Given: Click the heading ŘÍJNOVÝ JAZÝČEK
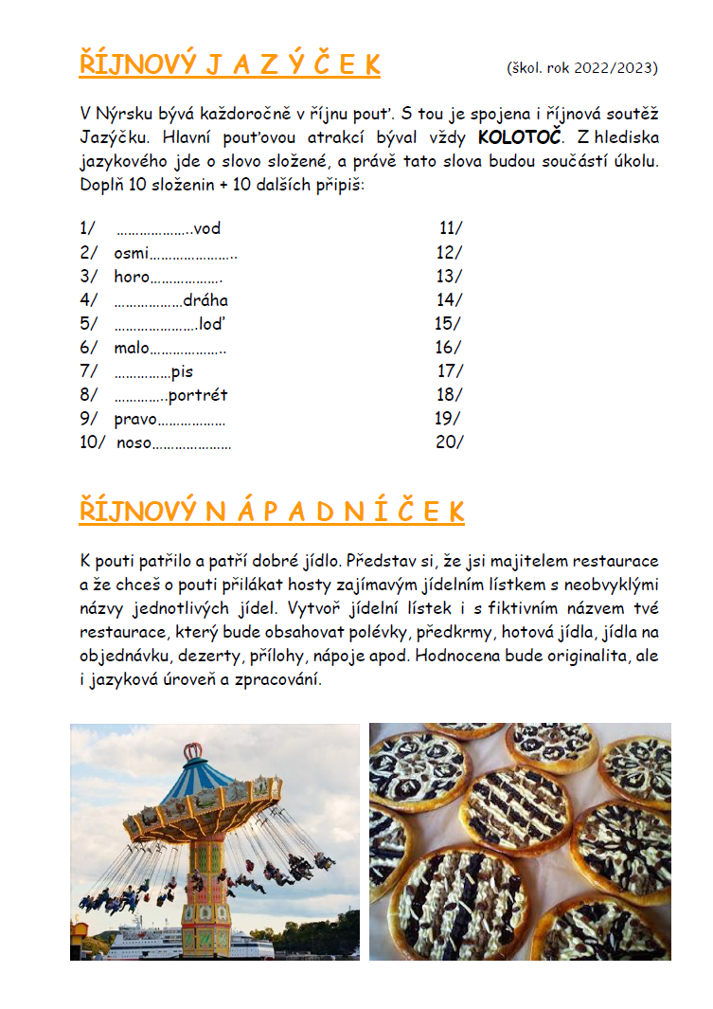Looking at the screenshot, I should [229, 64].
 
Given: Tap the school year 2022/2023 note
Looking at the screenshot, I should [582, 67].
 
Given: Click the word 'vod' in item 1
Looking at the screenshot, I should [206, 228].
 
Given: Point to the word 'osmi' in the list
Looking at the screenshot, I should [132, 252].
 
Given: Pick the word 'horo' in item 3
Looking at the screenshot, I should [132, 277].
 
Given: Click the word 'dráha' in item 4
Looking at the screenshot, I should [205, 300].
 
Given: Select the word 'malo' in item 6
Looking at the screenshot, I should [132, 348].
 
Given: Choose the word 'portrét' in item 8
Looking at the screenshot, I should [198, 395].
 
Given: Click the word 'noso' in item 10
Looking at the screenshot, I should [134, 442].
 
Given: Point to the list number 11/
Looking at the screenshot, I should [451, 228].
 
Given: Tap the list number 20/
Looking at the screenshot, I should [449, 442].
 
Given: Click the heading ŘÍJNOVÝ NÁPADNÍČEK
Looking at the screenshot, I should [272, 512].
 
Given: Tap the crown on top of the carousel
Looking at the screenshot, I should [194, 750].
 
